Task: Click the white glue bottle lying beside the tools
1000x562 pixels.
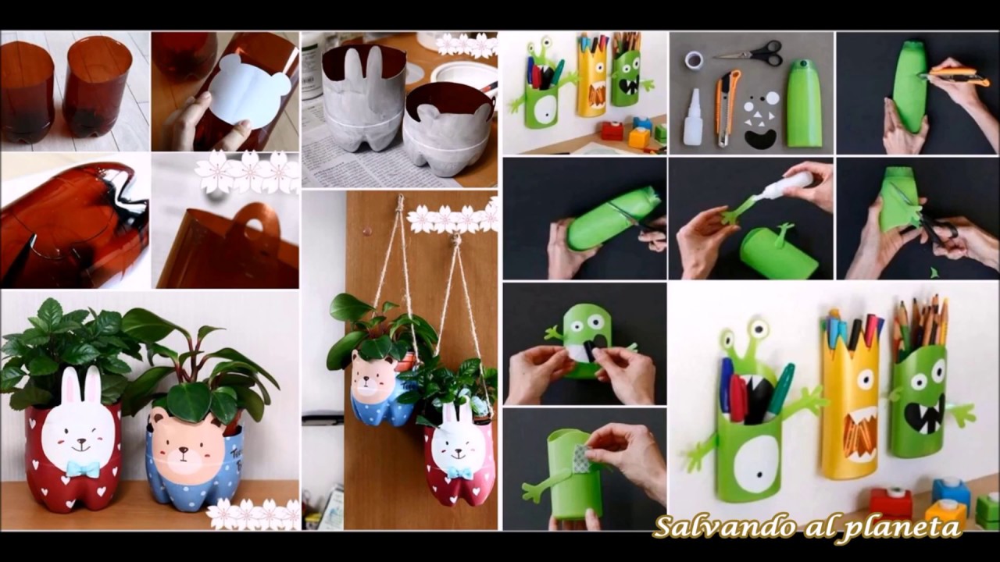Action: [x=693, y=116]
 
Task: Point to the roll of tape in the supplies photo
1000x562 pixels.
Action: [x=695, y=59]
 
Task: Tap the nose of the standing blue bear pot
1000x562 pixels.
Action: [x=184, y=450]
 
